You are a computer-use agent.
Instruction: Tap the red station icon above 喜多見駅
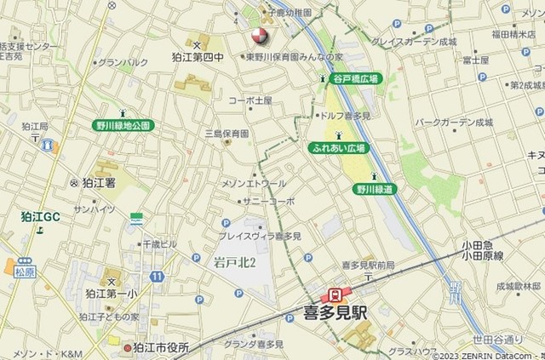(x=336, y=294)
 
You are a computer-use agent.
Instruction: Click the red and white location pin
(x=257, y=37)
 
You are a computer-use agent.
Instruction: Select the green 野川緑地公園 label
(x=123, y=125)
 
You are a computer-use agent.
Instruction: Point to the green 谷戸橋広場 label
(x=356, y=78)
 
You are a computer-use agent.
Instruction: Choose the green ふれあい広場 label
(x=337, y=148)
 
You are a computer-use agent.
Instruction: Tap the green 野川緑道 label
(x=376, y=189)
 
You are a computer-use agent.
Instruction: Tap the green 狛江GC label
(x=41, y=217)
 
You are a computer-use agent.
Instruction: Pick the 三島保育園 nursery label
(x=227, y=134)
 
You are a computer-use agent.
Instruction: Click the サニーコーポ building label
(x=269, y=202)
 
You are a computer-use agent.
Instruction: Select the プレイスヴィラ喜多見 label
(x=260, y=236)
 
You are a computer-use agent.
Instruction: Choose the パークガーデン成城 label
(x=454, y=123)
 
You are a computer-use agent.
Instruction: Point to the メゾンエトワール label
(x=254, y=183)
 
